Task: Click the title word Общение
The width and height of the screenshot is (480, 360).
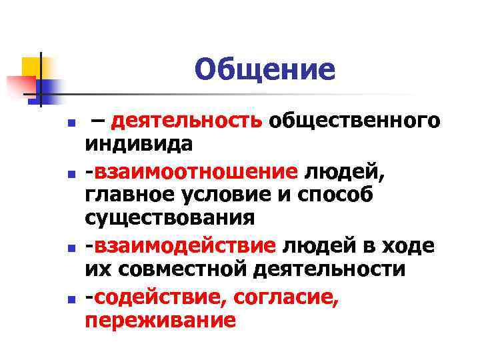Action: click(265, 69)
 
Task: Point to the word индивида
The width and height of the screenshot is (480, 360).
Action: click(139, 143)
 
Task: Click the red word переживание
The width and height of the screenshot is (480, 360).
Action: click(160, 319)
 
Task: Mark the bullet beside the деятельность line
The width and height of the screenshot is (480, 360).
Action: click(42, 124)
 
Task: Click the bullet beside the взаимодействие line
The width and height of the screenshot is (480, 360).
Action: click(42, 248)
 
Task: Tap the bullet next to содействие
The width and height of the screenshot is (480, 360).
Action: click(42, 299)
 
